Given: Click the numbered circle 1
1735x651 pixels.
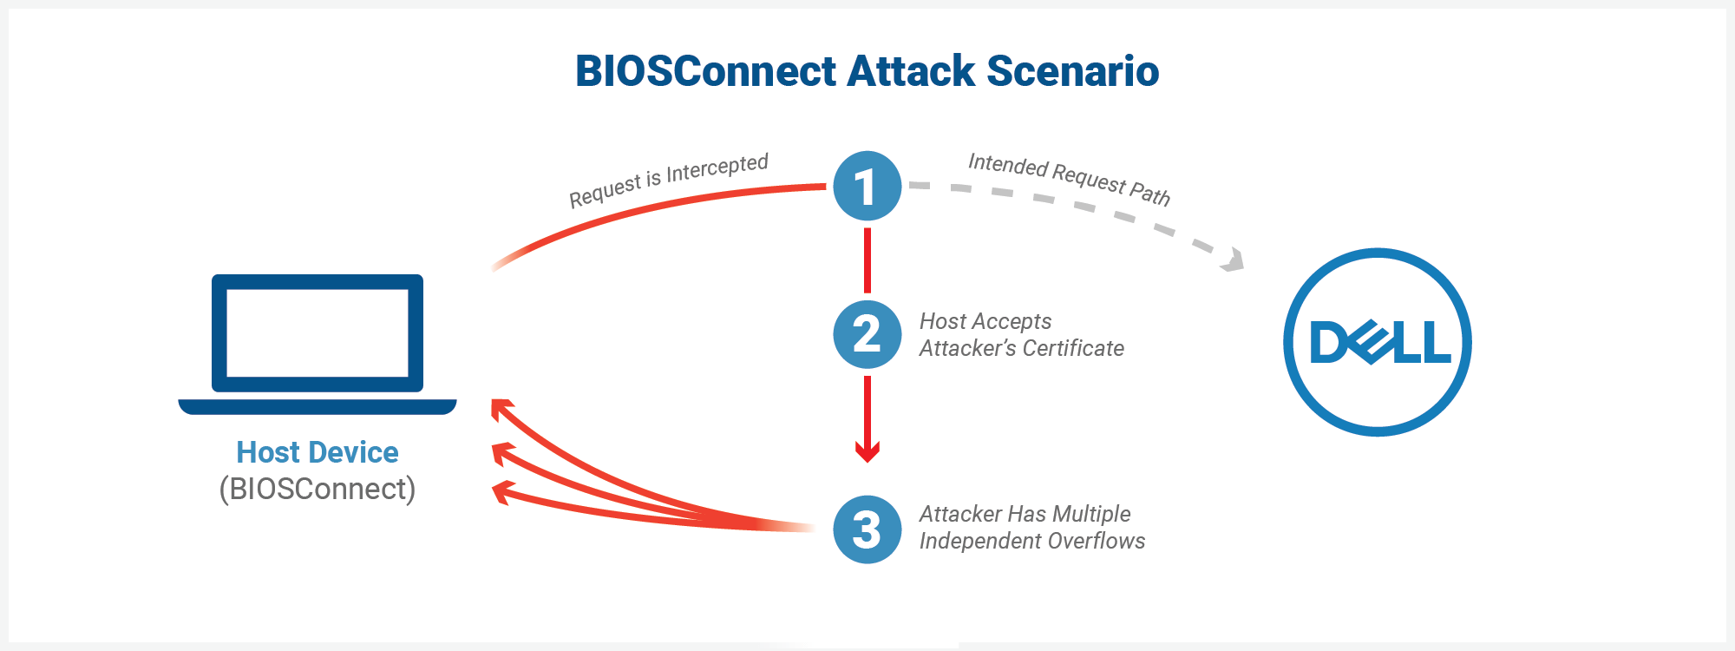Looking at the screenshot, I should (867, 186).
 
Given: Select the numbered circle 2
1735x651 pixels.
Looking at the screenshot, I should (867, 334).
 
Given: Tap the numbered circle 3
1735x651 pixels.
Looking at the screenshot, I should (867, 529).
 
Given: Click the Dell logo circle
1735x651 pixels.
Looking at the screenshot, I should (1378, 342).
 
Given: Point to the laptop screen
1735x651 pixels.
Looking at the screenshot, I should (318, 333).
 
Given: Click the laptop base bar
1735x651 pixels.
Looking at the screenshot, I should (318, 406).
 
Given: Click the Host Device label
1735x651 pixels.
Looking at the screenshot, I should (318, 452).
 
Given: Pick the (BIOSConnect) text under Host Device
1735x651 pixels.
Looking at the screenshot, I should (318, 489).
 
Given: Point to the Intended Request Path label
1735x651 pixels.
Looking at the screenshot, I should (1069, 179).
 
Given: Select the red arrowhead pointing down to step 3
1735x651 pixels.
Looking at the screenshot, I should (867, 450).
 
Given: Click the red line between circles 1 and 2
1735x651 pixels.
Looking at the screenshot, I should (867, 260).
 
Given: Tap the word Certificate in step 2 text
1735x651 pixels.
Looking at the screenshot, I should (1074, 348).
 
